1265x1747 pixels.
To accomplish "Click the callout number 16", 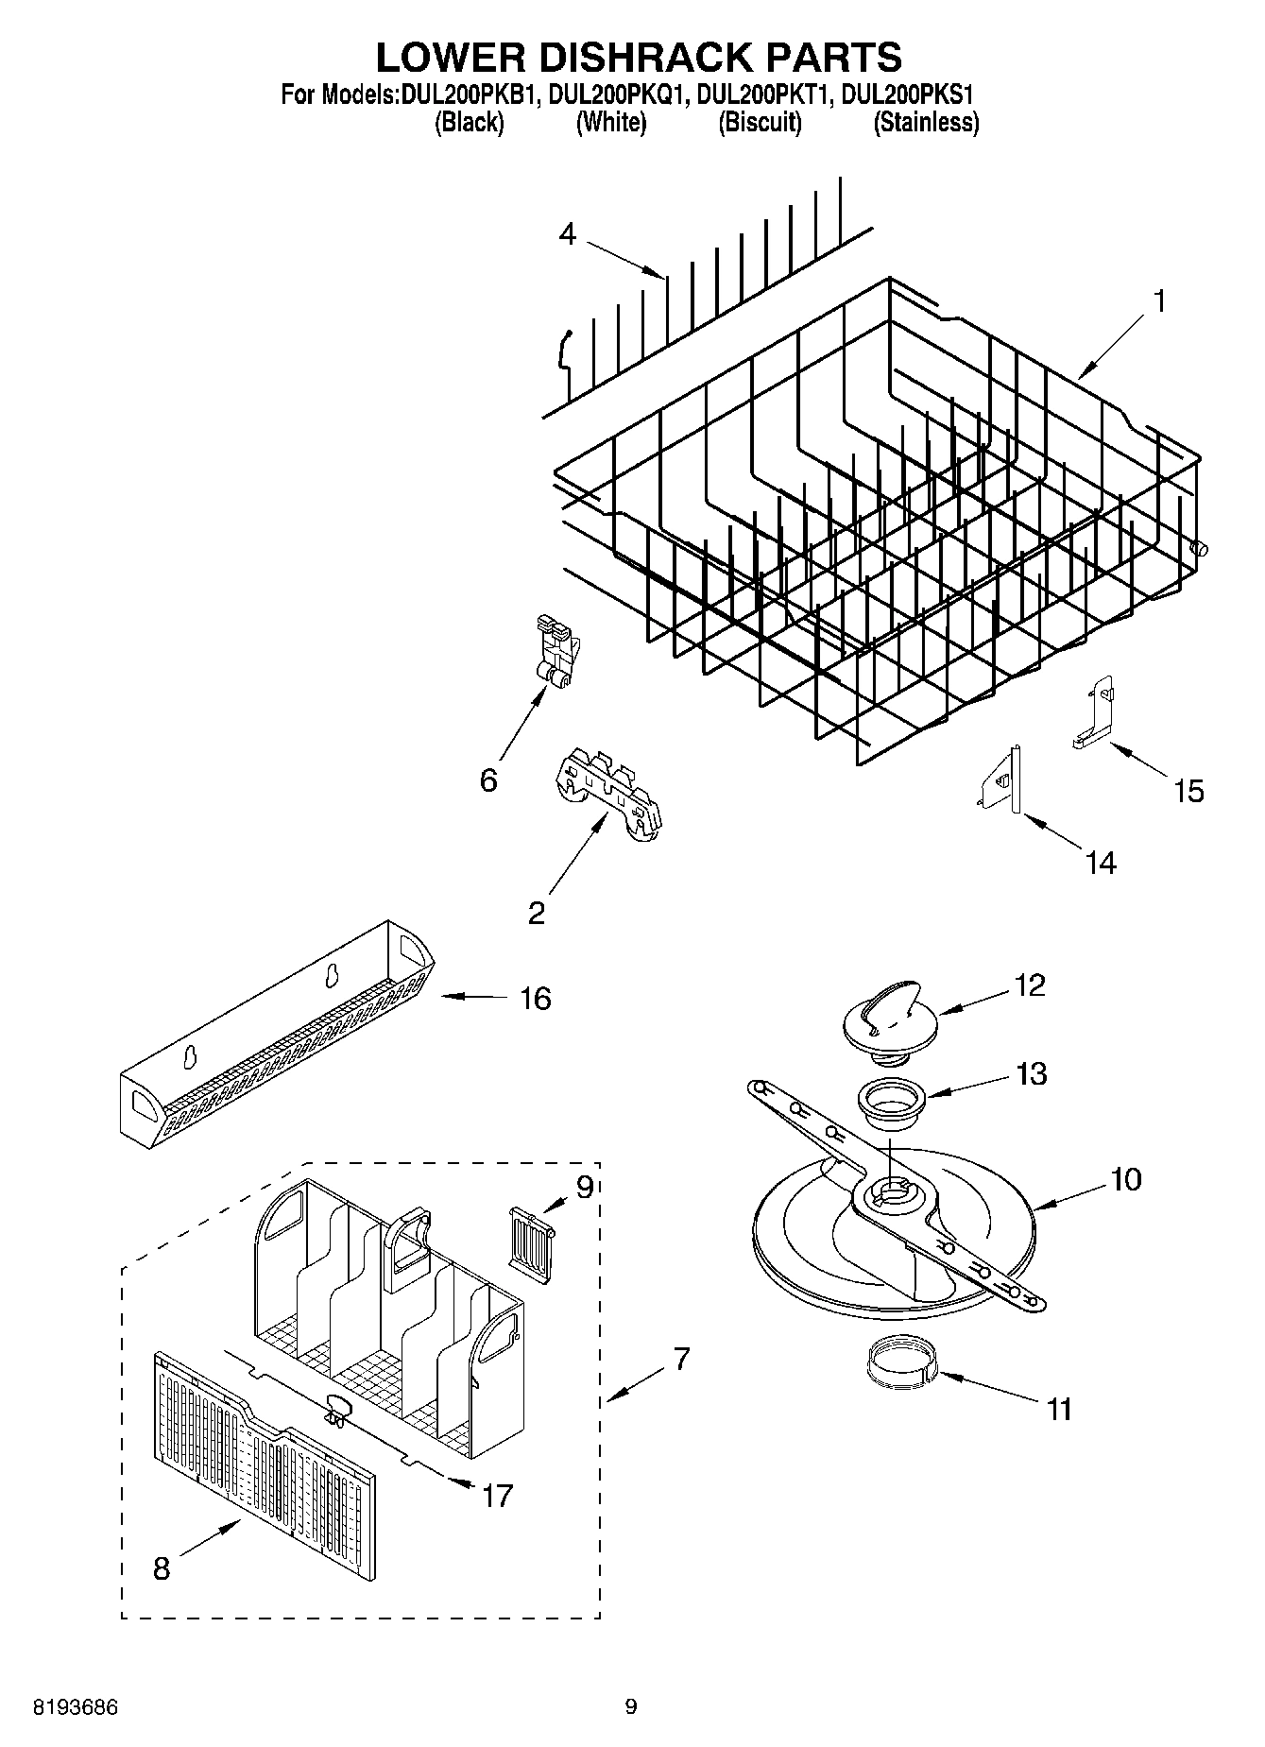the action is point(536,998).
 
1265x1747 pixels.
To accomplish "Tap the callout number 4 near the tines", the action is point(567,233).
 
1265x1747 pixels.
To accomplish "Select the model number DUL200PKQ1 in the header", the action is point(612,94).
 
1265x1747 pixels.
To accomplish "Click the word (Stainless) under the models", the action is point(925,122).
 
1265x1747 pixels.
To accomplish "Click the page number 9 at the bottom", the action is point(631,1706).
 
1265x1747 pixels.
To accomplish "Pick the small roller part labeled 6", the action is point(556,653).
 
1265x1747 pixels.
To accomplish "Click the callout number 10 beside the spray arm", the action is point(1126,1178).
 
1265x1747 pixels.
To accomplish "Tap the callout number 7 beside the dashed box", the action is point(681,1360).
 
